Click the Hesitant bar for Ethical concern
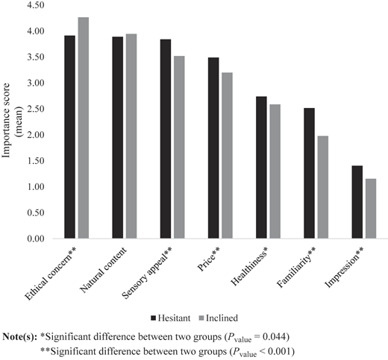(x=69, y=137)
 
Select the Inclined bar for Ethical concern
(x=84, y=128)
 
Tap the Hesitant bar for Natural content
(x=118, y=138)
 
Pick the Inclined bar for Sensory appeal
(x=179, y=147)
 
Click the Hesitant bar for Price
(x=213, y=148)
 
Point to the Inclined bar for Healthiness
(x=275, y=171)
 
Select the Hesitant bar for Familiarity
(x=309, y=173)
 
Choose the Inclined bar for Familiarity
(x=323, y=187)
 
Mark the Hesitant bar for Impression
(x=357, y=202)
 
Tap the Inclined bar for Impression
(x=371, y=209)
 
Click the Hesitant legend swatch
(x=153, y=318)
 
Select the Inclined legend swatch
(x=201, y=318)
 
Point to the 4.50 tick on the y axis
(x=37, y=5)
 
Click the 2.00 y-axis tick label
(x=37, y=135)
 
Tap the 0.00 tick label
(x=37, y=239)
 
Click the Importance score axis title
(x=12, y=121)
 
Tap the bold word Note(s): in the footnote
(x=19, y=337)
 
